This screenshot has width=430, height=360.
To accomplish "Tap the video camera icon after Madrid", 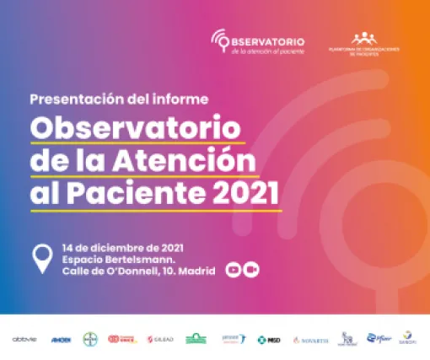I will pos(250,270).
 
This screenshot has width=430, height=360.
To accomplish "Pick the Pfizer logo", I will pos(380,338).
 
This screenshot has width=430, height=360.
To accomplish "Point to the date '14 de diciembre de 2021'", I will pos(123,247).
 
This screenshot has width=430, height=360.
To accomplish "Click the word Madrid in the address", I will pos(197,271).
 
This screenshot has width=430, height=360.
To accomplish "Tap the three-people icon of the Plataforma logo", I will pos(365,38).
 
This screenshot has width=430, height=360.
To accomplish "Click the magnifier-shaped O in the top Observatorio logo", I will pos(221,40).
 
